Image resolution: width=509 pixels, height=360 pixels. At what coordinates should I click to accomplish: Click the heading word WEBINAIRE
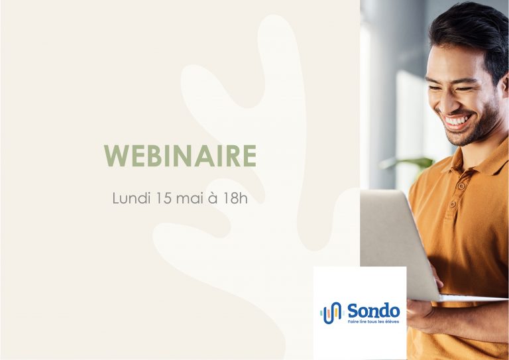coord(180,156)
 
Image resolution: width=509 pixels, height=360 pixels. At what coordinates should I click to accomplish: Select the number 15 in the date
coord(163,198)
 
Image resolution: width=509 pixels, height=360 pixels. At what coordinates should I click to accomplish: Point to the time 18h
coord(235,198)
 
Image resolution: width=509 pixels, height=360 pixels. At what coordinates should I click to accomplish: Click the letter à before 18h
coord(213,198)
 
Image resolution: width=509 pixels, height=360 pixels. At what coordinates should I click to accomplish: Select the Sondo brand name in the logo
coord(373,311)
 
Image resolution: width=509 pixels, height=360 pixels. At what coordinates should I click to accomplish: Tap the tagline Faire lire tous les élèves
coord(373,322)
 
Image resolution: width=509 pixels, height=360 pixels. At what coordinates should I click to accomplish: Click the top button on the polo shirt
coord(461,186)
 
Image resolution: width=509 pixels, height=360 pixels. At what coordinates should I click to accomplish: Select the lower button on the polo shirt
coord(453,204)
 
